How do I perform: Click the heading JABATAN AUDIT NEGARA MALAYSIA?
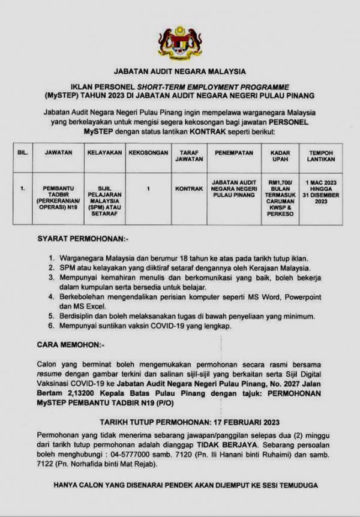point(180,71)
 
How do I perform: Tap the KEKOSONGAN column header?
point(148,153)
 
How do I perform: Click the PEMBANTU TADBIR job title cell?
point(58,196)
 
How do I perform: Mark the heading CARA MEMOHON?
point(71,345)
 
